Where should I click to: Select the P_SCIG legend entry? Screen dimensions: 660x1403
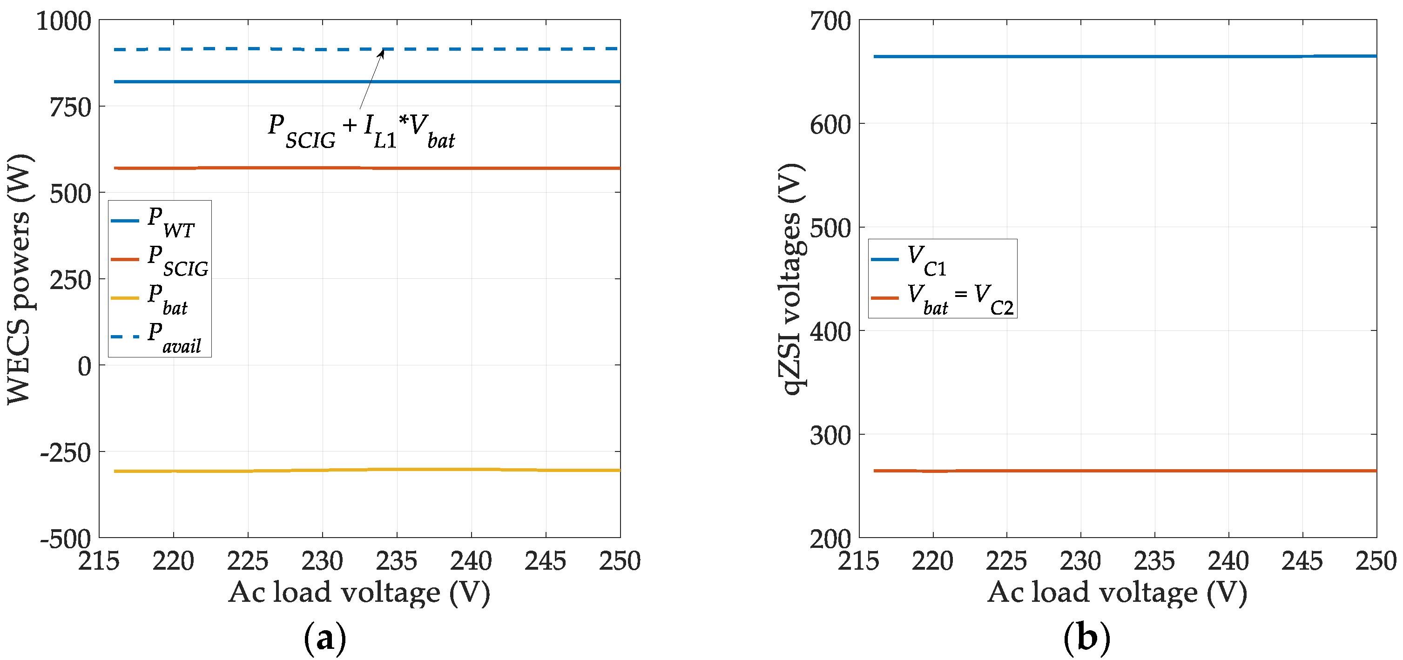click(161, 259)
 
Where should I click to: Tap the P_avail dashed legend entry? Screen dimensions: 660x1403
click(158, 337)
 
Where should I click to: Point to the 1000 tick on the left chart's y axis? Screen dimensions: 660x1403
click(63, 22)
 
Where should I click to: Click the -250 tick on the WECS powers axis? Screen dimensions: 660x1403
click(65, 452)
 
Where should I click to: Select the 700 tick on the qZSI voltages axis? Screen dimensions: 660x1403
click(830, 22)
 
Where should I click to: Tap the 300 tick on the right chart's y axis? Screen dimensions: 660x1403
click(830, 435)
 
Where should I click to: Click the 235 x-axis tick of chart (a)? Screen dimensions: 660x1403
click(397, 561)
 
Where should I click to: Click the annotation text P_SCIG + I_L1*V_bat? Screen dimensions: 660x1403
click(361, 131)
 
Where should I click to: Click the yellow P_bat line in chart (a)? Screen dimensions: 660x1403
click(359, 470)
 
